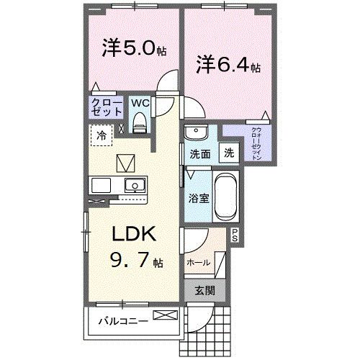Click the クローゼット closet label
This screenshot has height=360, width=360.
click(105, 108)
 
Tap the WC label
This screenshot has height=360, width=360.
click(140, 102)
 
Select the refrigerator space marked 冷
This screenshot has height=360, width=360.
click(102, 136)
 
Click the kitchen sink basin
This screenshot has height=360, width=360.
click(134, 186)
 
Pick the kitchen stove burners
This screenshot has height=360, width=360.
click(99, 186)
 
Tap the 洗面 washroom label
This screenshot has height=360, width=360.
click(199, 154)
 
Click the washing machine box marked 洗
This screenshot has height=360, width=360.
click(228, 153)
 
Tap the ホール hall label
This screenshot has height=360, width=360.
click(199, 263)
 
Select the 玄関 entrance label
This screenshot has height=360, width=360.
click(204, 290)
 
